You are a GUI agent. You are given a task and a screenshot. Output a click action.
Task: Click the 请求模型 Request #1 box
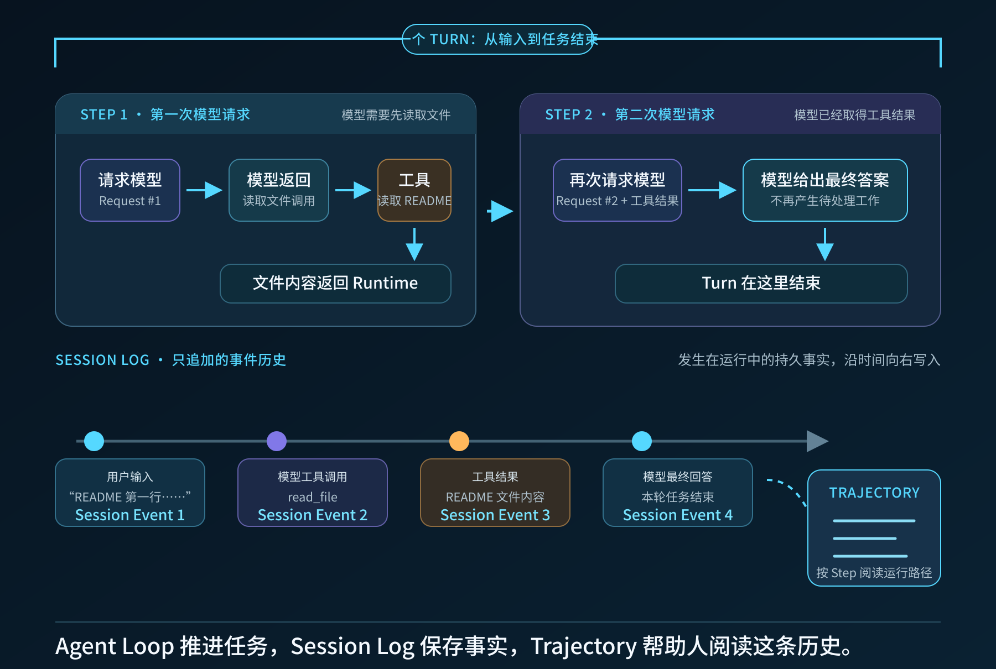tap(130, 190)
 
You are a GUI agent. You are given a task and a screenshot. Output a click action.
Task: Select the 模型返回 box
tap(279, 190)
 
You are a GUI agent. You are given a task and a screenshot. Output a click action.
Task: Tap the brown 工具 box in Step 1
tap(414, 190)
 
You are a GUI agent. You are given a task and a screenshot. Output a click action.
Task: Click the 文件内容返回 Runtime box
tap(335, 284)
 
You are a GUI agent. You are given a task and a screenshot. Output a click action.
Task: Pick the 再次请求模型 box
tap(618, 190)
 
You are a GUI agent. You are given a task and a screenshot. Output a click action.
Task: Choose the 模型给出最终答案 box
tap(825, 190)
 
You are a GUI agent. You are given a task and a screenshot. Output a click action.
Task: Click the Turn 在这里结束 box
tap(761, 284)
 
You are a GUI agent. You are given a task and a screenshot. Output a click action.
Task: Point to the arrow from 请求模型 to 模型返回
tap(204, 190)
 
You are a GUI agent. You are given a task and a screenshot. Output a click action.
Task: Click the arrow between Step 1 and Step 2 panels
tap(500, 211)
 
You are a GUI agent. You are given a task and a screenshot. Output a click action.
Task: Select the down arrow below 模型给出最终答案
tap(825, 244)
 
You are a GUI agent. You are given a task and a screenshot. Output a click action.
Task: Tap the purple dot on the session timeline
tap(277, 441)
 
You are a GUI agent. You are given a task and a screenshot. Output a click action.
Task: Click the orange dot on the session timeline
tap(459, 441)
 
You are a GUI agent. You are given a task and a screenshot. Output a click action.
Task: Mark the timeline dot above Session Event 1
tap(94, 441)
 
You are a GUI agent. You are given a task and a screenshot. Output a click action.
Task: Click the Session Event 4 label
tap(678, 515)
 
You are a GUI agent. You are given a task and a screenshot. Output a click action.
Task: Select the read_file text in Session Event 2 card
tap(313, 497)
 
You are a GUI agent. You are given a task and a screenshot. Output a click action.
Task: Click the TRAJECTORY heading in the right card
tap(874, 493)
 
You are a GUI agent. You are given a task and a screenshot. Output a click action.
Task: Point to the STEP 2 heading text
tap(569, 114)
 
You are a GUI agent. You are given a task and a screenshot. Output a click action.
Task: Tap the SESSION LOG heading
tap(102, 360)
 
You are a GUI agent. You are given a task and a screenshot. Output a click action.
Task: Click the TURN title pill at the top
tap(498, 39)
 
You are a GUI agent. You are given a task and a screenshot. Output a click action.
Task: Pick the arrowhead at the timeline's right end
tap(818, 441)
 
